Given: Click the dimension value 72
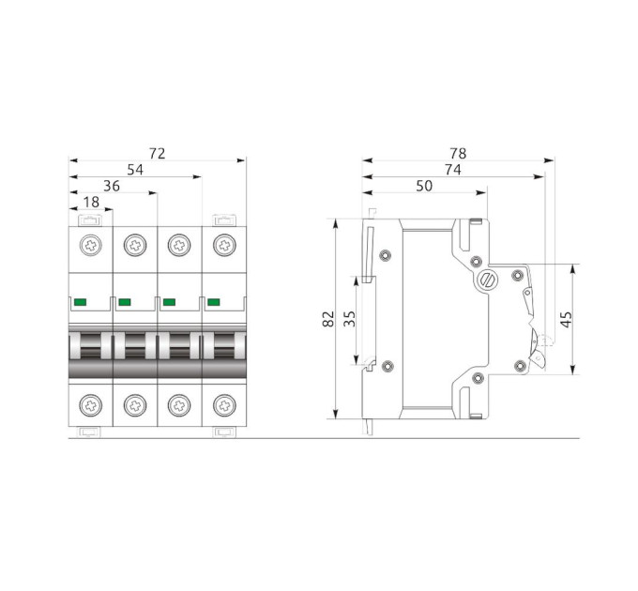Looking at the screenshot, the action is click(x=157, y=153).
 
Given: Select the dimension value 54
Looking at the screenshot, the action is click(x=135, y=170).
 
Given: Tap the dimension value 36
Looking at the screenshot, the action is click(x=112, y=186).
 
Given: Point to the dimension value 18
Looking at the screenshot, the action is click(x=91, y=202).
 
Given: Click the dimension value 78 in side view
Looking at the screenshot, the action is click(x=458, y=153).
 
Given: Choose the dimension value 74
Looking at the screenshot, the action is click(x=453, y=170).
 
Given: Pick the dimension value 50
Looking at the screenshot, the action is click(x=424, y=186).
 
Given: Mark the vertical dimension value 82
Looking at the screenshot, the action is click(x=328, y=318).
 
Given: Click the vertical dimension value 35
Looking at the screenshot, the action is click(x=350, y=318).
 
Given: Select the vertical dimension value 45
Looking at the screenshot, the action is click(x=567, y=319).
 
